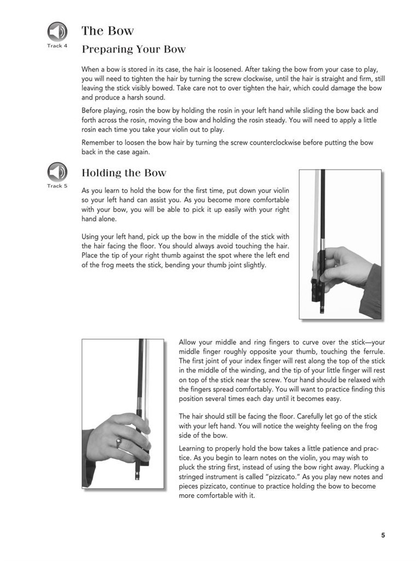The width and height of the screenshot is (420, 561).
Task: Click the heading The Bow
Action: coord(108,31)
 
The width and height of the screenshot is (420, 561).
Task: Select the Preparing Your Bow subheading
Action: coord(133,49)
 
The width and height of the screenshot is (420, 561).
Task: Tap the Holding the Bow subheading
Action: coord(124,173)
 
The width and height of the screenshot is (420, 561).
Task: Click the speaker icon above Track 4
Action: coord(57,31)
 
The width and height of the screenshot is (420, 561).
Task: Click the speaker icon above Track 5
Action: coord(57,172)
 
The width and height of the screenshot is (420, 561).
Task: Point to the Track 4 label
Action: coord(57,45)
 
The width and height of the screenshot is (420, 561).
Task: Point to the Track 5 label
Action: coord(57,186)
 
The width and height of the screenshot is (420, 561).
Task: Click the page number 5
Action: coord(383,535)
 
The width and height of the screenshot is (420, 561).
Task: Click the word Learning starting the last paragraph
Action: coord(194,449)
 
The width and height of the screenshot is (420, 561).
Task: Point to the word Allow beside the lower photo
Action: coord(188,342)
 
